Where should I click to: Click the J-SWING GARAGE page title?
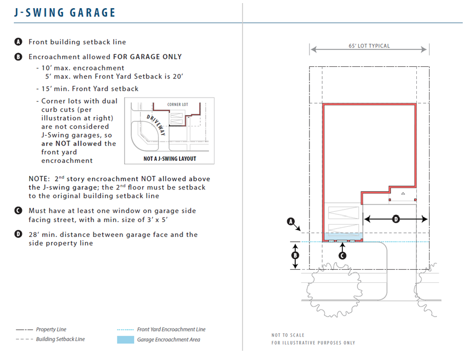65,12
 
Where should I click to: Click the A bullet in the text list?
19,42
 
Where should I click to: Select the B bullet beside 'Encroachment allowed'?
19,57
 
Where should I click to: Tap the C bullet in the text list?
19,211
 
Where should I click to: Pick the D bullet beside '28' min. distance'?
19,235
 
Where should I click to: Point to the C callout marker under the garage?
342,255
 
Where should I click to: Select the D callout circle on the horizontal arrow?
396,219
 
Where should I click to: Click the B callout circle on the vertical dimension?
295,255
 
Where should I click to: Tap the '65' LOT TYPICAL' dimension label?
369,46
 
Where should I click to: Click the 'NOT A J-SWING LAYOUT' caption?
170,158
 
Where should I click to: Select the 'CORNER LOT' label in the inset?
178,105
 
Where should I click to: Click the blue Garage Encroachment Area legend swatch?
125,339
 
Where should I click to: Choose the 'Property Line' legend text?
51,330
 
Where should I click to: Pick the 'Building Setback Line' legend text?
60,340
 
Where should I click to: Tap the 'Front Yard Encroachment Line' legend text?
171,330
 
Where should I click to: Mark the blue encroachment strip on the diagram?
343,236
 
